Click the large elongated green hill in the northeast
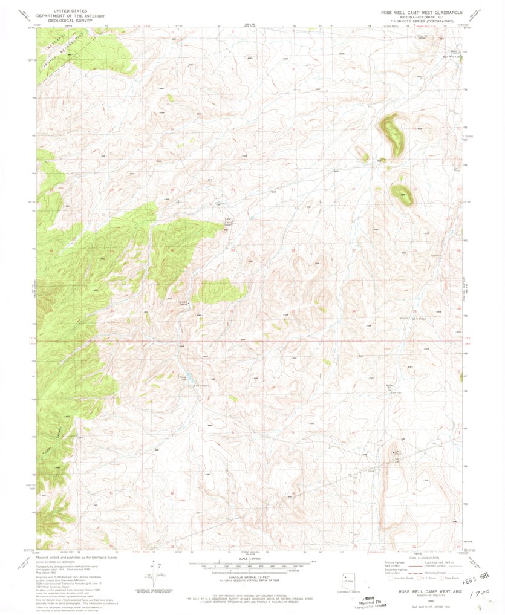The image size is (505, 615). (x=391, y=134)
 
